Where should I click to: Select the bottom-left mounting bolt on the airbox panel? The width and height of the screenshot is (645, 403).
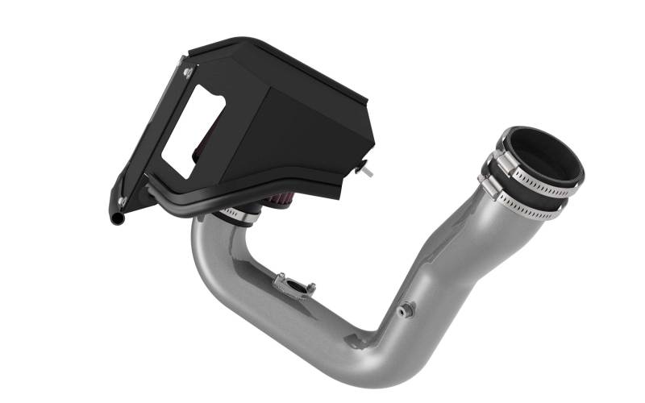point(122,201)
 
